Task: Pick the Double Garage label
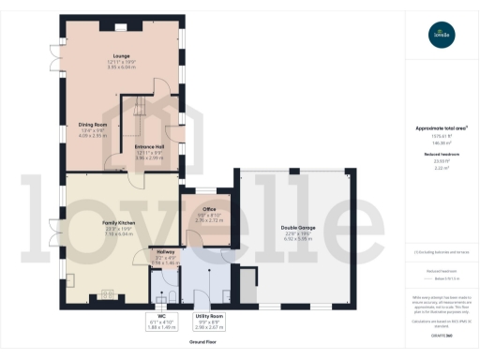(295, 228)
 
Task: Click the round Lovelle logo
(441, 35)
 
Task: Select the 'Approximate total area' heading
(441, 127)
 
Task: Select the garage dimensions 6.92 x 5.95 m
(295, 240)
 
